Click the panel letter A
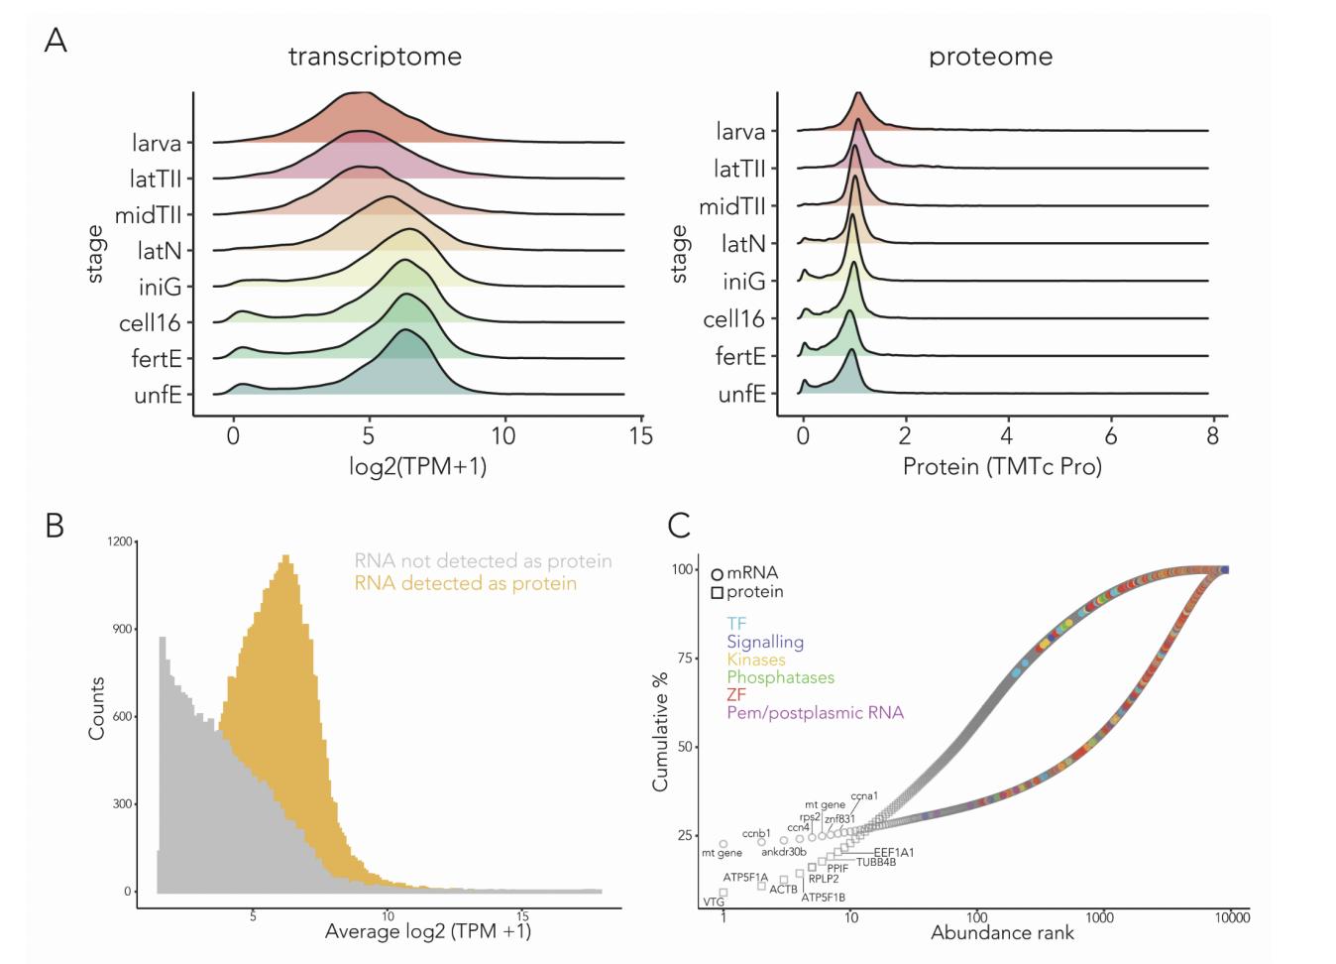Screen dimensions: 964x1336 pos(56,41)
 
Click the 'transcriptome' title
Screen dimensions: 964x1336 pos(375,56)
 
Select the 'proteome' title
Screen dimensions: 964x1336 pos(990,57)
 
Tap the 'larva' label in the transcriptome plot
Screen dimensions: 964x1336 pos(157,143)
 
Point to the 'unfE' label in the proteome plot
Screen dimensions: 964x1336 pos(741,394)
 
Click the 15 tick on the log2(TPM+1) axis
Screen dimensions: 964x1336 pos(641,435)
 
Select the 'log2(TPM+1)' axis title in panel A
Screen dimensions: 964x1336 pos(417,465)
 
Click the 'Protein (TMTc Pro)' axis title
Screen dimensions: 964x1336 pos(1002,465)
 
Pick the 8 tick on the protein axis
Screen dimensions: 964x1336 pos(1212,435)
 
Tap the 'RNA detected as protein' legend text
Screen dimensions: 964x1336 pos(465,583)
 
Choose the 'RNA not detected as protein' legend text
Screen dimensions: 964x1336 pos(483,561)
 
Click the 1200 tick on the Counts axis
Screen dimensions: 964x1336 pos(120,542)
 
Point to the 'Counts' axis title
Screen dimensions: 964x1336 pos(96,708)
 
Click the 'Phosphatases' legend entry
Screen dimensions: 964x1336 pos(780,677)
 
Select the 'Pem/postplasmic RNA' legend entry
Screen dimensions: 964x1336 pos(815,713)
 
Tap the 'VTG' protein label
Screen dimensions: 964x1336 pos(713,903)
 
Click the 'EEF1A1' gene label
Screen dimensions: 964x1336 pos(893,852)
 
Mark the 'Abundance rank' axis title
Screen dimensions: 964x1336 pos(1002,933)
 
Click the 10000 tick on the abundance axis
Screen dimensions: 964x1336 pos(1232,917)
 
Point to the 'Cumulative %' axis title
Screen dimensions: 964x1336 pos(660,732)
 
